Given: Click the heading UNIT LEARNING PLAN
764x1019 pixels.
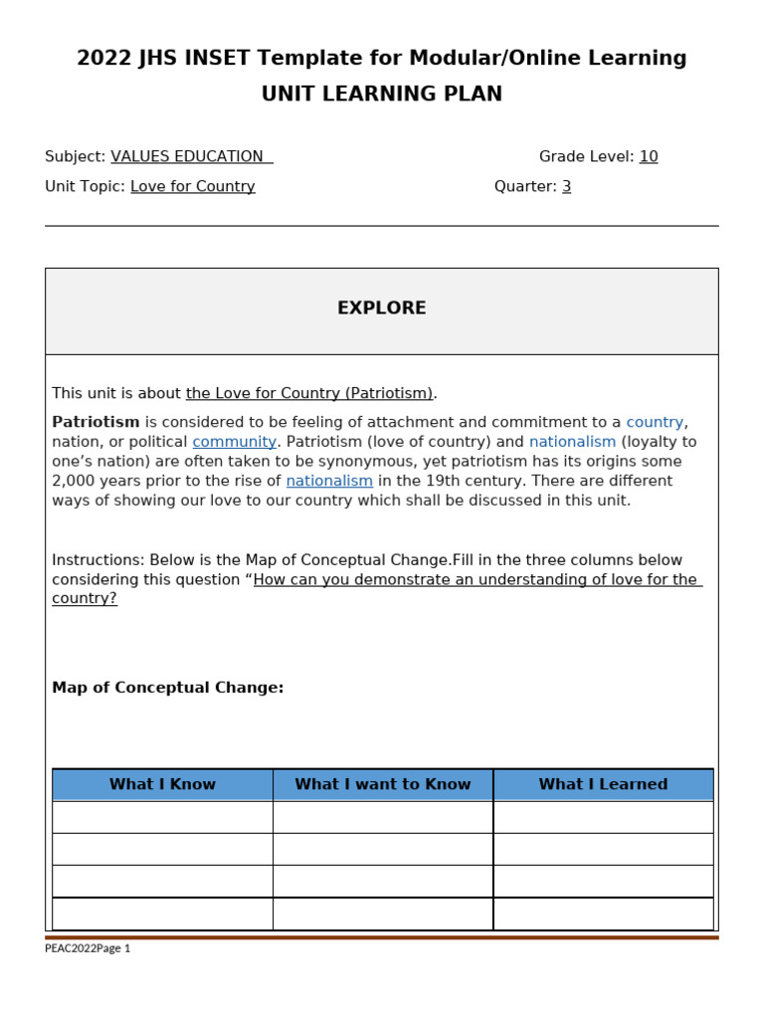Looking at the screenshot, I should [x=381, y=95].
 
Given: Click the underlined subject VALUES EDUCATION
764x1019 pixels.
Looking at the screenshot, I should [x=188, y=157].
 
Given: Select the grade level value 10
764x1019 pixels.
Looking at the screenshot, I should [x=649, y=157].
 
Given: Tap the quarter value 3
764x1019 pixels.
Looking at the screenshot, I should [x=566, y=187].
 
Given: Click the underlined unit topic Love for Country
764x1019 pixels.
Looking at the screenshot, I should [x=192, y=187].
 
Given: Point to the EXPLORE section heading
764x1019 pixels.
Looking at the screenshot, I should [x=381, y=308].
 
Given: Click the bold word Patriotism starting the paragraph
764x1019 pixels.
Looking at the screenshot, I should [x=95, y=423].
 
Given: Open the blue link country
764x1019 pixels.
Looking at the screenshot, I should [x=655, y=423].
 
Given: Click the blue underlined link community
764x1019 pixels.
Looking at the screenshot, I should [x=234, y=442].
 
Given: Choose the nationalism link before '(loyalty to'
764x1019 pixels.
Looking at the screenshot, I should [x=572, y=442].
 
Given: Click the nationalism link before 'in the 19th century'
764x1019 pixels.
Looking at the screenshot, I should [x=329, y=482].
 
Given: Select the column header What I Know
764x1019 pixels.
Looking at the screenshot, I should [x=162, y=785].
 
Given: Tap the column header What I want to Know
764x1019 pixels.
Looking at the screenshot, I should [x=383, y=785].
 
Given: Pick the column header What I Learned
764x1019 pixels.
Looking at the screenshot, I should [x=603, y=785].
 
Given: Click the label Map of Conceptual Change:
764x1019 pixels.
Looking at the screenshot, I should [x=167, y=689].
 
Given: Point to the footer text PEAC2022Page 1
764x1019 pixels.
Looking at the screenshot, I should [x=88, y=948].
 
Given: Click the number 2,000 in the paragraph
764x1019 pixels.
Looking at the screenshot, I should [x=75, y=482].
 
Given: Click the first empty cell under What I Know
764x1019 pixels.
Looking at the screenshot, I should [x=162, y=817].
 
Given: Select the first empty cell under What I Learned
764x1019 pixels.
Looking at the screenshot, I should [x=603, y=817].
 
